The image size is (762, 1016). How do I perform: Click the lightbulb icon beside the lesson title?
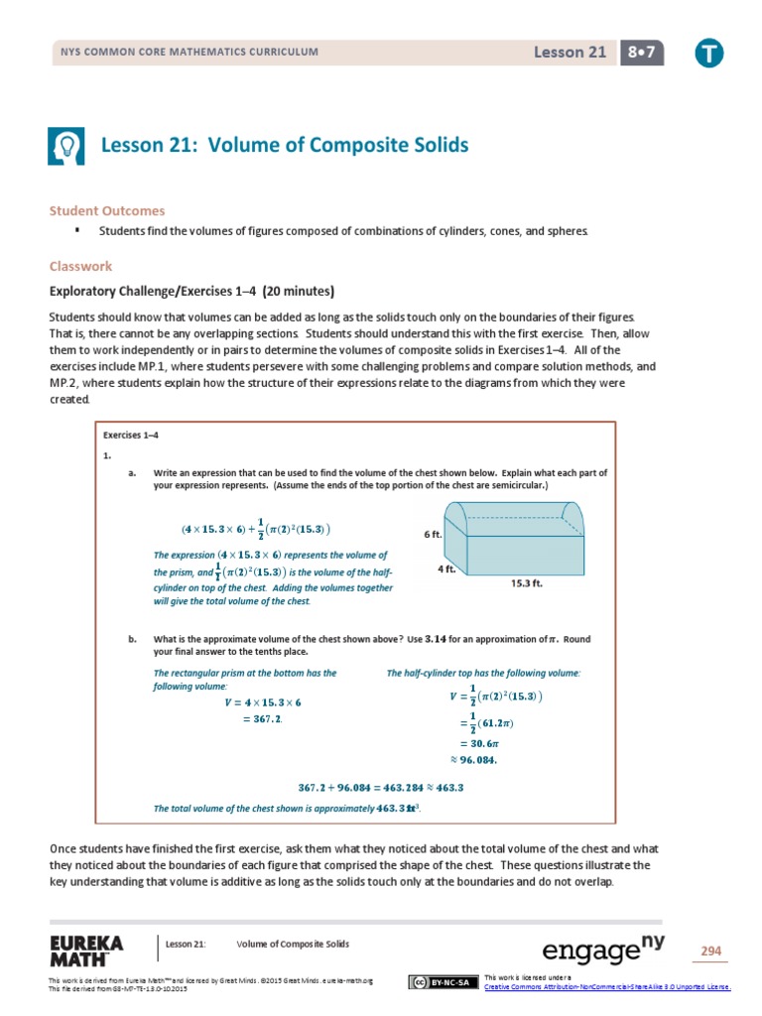pyautogui.click(x=66, y=146)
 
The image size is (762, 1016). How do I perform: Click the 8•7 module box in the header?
pyautogui.click(x=644, y=53)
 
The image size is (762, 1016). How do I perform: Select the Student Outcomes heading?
pyautogui.click(x=108, y=210)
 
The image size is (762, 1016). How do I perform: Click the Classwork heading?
pyautogui.click(x=80, y=266)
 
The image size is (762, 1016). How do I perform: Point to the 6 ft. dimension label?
pyautogui.click(x=433, y=534)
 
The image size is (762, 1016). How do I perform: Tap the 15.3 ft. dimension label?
pyautogui.click(x=528, y=584)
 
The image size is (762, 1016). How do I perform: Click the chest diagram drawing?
pyautogui.click(x=515, y=537)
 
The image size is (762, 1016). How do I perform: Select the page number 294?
pyautogui.click(x=710, y=951)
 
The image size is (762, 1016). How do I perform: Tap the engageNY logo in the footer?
pyautogui.click(x=602, y=950)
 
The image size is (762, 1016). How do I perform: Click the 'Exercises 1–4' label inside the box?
pyautogui.click(x=131, y=435)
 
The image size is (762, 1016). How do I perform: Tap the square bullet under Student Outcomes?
pyautogui.click(x=76, y=230)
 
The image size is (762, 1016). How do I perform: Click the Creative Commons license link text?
pyautogui.click(x=606, y=986)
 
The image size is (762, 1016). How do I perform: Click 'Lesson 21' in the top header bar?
pyautogui.click(x=570, y=53)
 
